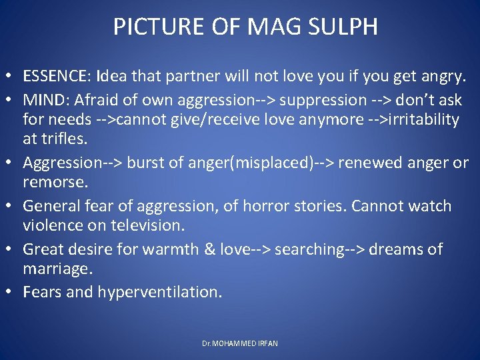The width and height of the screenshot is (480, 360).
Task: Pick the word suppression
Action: [x=323, y=99]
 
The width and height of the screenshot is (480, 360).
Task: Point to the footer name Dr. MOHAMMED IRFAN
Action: [x=240, y=343]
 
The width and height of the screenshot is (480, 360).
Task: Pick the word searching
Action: [x=312, y=249]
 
